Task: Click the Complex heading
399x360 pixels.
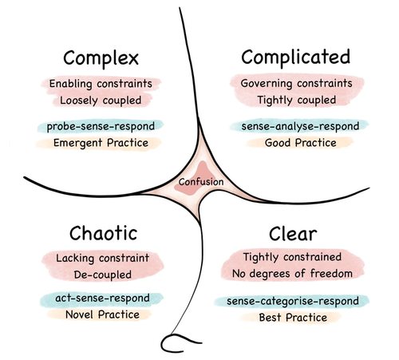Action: click(x=101, y=59)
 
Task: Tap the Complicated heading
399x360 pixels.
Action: click(x=296, y=57)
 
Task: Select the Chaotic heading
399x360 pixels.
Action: click(x=103, y=233)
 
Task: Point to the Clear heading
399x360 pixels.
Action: click(x=293, y=234)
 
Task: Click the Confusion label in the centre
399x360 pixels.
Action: click(x=201, y=182)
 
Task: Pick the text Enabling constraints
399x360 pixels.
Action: click(x=101, y=84)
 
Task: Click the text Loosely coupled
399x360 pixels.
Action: click(x=101, y=101)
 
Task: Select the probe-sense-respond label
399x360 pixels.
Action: click(x=101, y=127)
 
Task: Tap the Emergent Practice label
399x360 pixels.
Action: click(x=101, y=143)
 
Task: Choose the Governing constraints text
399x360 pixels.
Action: click(x=296, y=84)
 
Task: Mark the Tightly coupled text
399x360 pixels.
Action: click(x=297, y=101)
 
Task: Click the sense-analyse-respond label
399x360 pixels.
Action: click(x=300, y=126)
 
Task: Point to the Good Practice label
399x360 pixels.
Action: click(x=301, y=143)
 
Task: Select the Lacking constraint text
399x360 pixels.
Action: click(x=102, y=258)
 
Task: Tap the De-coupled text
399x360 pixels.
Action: click(x=103, y=275)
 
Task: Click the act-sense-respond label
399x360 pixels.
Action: click(x=102, y=299)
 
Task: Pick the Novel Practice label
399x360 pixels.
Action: click(x=102, y=315)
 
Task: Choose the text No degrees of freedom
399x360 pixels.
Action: click(x=292, y=274)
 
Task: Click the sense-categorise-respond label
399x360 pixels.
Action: click(x=293, y=302)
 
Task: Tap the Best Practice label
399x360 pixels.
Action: click(x=293, y=318)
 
